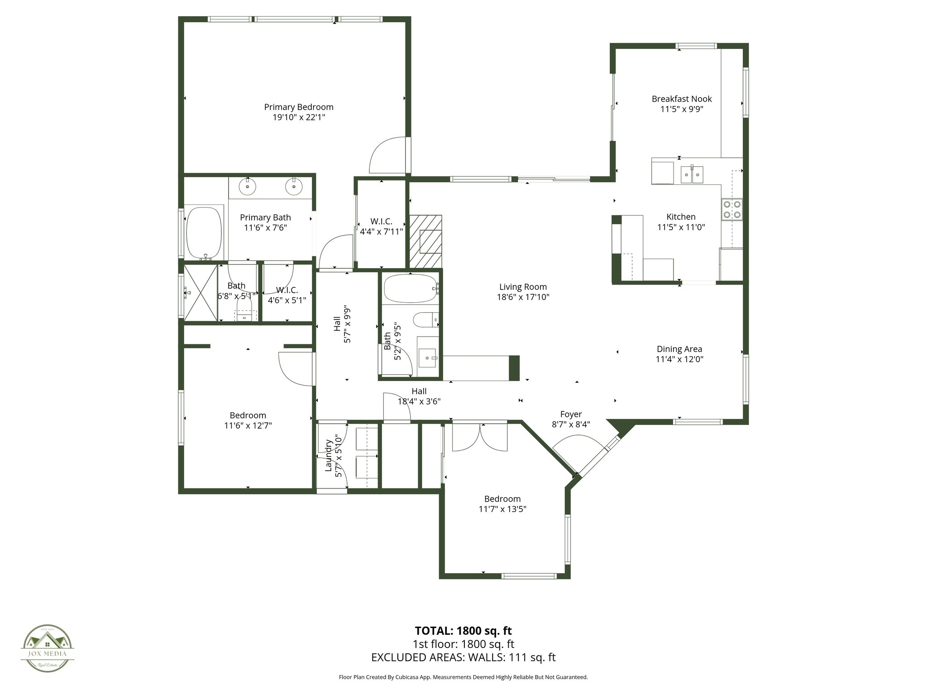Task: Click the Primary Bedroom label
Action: tap(299, 107)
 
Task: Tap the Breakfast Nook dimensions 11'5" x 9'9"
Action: tap(682, 109)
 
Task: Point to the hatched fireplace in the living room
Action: tap(425, 241)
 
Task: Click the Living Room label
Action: tap(523, 287)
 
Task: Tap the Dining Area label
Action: tap(679, 349)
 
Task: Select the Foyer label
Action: tap(571, 414)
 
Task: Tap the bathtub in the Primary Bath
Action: tap(204, 232)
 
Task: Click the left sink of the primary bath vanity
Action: tap(248, 186)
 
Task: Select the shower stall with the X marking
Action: tap(200, 293)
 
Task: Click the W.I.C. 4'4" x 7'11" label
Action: tap(381, 226)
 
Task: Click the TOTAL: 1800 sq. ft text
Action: tap(463, 631)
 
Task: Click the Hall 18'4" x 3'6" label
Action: tap(419, 396)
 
